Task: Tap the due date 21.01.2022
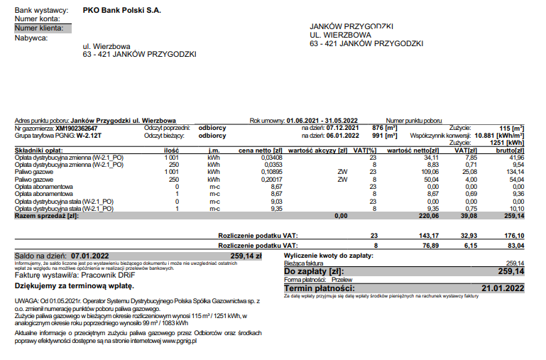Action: (x=503, y=288)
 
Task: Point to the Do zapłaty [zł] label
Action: (x=313, y=271)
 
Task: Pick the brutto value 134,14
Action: (x=511, y=171)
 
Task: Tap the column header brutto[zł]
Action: (x=510, y=151)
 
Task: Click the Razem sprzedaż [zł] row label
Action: (x=46, y=215)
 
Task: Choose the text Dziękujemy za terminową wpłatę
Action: (x=74, y=285)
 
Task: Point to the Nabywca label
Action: (x=31, y=38)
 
